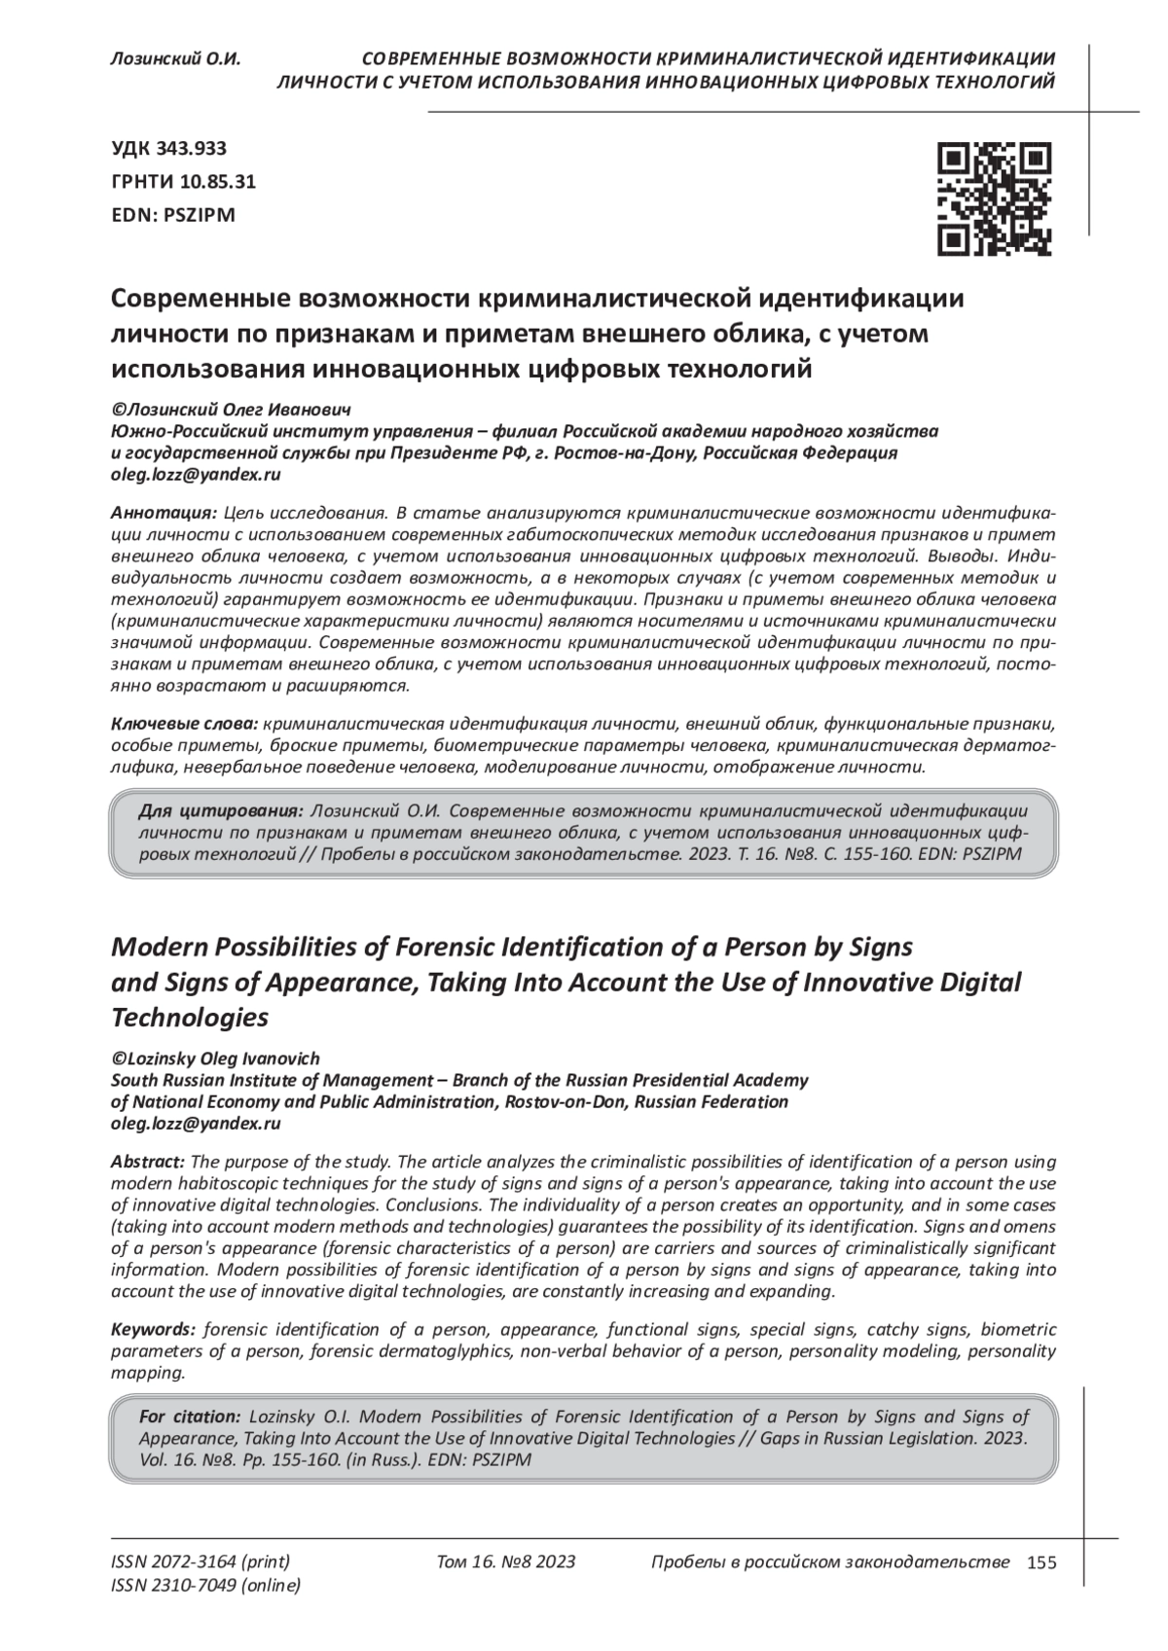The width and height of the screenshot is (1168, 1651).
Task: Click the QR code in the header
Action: tap(995, 198)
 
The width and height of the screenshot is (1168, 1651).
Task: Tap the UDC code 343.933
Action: tap(169, 148)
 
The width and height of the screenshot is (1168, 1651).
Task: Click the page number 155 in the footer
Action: tap(1041, 1562)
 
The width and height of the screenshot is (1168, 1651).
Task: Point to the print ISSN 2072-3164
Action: tap(201, 1561)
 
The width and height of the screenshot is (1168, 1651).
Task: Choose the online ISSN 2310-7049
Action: tap(205, 1586)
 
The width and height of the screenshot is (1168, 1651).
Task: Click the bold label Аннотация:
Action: tap(164, 513)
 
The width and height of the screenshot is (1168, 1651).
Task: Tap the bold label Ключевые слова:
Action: tap(184, 725)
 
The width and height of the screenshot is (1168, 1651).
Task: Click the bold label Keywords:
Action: tap(153, 1330)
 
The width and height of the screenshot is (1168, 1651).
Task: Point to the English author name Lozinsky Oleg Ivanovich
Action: tap(215, 1059)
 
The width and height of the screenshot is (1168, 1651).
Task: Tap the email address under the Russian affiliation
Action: tap(196, 475)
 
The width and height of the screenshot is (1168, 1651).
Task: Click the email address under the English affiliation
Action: tap(196, 1123)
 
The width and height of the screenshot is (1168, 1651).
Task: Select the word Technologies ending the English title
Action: tap(190, 1019)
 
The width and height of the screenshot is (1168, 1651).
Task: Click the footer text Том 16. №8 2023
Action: tap(506, 1562)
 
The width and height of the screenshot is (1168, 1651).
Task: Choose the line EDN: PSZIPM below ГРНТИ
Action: tap(174, 214)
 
